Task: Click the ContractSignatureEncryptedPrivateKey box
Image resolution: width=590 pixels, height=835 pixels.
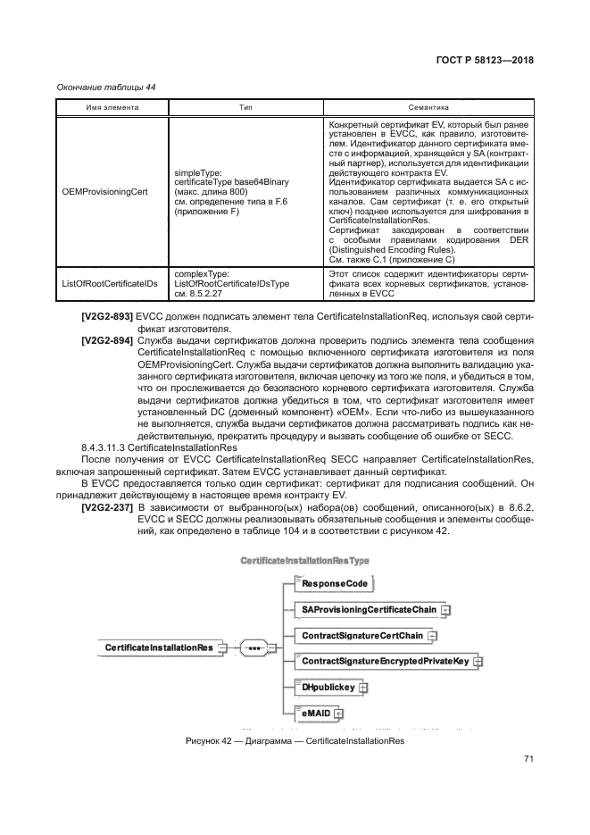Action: pyautogui.click(x=384, y=662)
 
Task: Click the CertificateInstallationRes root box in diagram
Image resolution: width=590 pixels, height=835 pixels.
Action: pyautogui.click(x=158, y=647)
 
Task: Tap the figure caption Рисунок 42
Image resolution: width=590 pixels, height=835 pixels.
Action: pyautogui.click(x=295, y=741)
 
